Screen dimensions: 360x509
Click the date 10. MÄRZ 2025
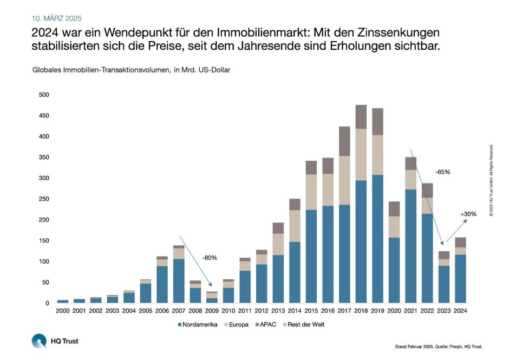click(57, 18)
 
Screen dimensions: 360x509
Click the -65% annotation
click(442, 172)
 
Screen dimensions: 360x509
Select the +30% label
click(468, 214)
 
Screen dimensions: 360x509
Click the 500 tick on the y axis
click(44, 95)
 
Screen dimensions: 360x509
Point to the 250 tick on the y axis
click(44, 199)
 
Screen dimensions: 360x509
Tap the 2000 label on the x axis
click(63, 311)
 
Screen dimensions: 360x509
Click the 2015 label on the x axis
click(311, 311)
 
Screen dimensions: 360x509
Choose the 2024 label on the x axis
click(461, 311)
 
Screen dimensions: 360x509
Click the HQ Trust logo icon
click(39, 341)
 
